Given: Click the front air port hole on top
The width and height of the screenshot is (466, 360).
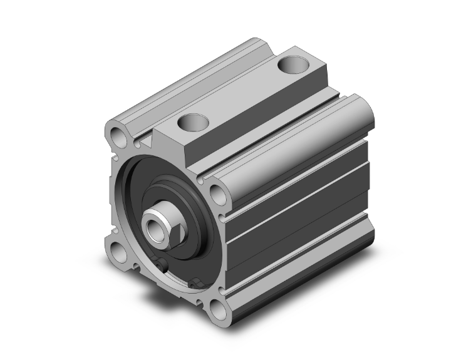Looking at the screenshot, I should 193,121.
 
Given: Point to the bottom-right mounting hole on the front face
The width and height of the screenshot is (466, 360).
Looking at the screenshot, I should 217,311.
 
